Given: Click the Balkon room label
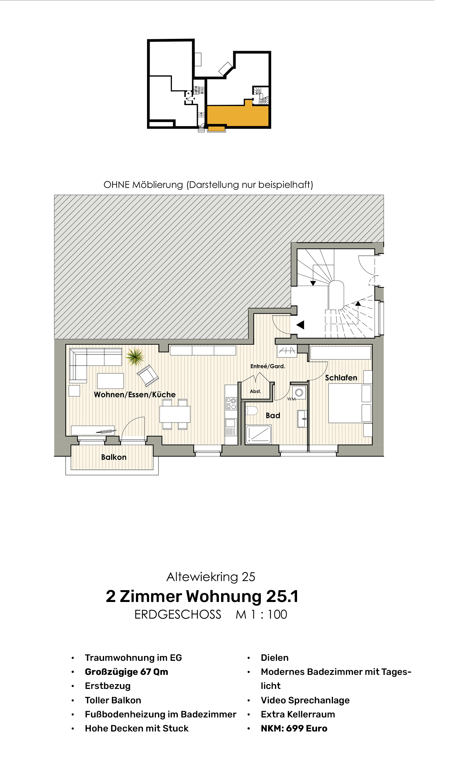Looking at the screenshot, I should pyautogui.click(x=114, y=457).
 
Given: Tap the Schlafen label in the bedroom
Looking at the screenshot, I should pyautogui.click(x=341, y=377).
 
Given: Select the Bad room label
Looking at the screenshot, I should pyautogui.click(x=273, y=416).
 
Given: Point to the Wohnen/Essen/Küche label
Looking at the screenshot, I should pyautogui.click(x=134, y=394).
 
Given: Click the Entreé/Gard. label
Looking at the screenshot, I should pyautogui.click(x=267, y=366).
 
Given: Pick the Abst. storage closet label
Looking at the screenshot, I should pyautogui.click(x=255, y=391).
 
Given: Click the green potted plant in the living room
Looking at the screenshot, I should pyautogui.click(x=135, y=356).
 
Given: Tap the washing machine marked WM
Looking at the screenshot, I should pyautogui.click(x=299, y=393).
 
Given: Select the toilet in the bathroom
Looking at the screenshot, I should pyautogui.click(x=252, y=410).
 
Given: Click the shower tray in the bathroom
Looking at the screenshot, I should pyautogui.click(x=259, y=434).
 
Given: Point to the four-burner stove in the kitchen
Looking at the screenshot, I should pyautogui.click(x=231, y=404).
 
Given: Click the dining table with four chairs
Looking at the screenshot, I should pyautogui.click(x=175, y=414).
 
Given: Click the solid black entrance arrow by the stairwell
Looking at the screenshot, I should pyautogui.click(x=300, y=325).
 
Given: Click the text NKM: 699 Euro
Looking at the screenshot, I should pyautogui.click(x=294, y=728).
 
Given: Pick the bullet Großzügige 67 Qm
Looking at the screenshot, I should pyautogui.click(x=126, y=672).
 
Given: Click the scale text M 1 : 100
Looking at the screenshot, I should pyautogui.click(x=261, y=615).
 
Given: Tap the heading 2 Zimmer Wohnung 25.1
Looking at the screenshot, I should pyautogui.click(x=202, y=596).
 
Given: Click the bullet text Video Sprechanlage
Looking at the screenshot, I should pyautogui.click(x=305, y=700).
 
